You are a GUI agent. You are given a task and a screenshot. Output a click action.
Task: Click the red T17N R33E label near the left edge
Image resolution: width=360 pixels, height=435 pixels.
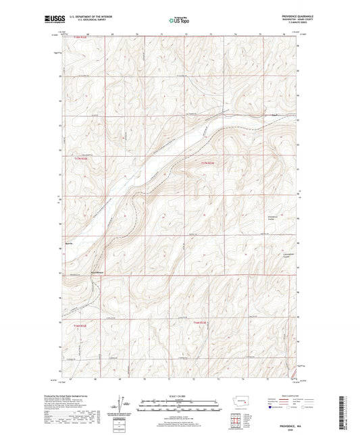coord(80,158)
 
